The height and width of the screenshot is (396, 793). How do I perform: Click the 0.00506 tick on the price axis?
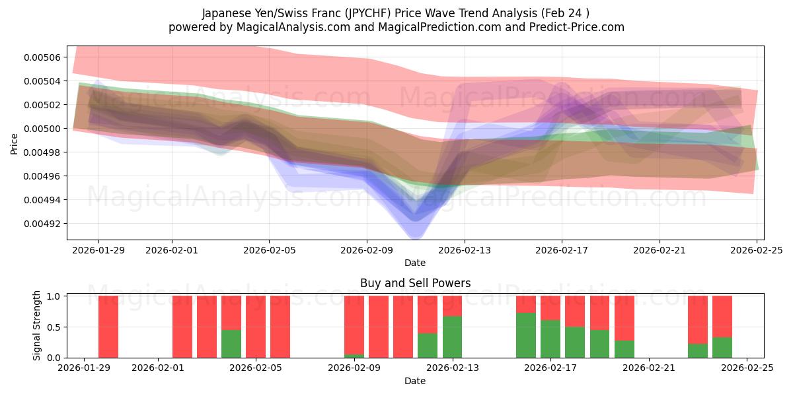42,57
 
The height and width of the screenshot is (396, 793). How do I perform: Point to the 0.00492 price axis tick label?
42,224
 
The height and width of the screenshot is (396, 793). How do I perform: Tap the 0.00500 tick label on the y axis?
42,129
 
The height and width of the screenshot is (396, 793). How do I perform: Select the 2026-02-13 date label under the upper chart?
464,250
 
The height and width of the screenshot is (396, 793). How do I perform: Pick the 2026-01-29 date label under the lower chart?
84,368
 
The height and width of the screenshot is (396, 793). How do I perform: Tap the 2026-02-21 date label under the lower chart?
649,368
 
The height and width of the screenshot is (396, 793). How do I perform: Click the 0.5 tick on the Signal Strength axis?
54,327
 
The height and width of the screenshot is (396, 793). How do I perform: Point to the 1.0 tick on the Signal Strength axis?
54,296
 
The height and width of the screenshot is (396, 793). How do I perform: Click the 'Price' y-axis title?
15,143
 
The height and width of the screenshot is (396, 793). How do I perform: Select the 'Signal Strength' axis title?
37,325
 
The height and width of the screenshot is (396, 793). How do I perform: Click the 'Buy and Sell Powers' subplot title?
415,283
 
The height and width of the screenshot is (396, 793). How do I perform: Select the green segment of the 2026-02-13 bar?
452,337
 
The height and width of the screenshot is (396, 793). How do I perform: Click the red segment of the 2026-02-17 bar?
550,308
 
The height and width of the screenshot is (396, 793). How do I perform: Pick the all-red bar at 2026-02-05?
256,327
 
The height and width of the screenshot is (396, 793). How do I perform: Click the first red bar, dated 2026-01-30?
108,327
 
